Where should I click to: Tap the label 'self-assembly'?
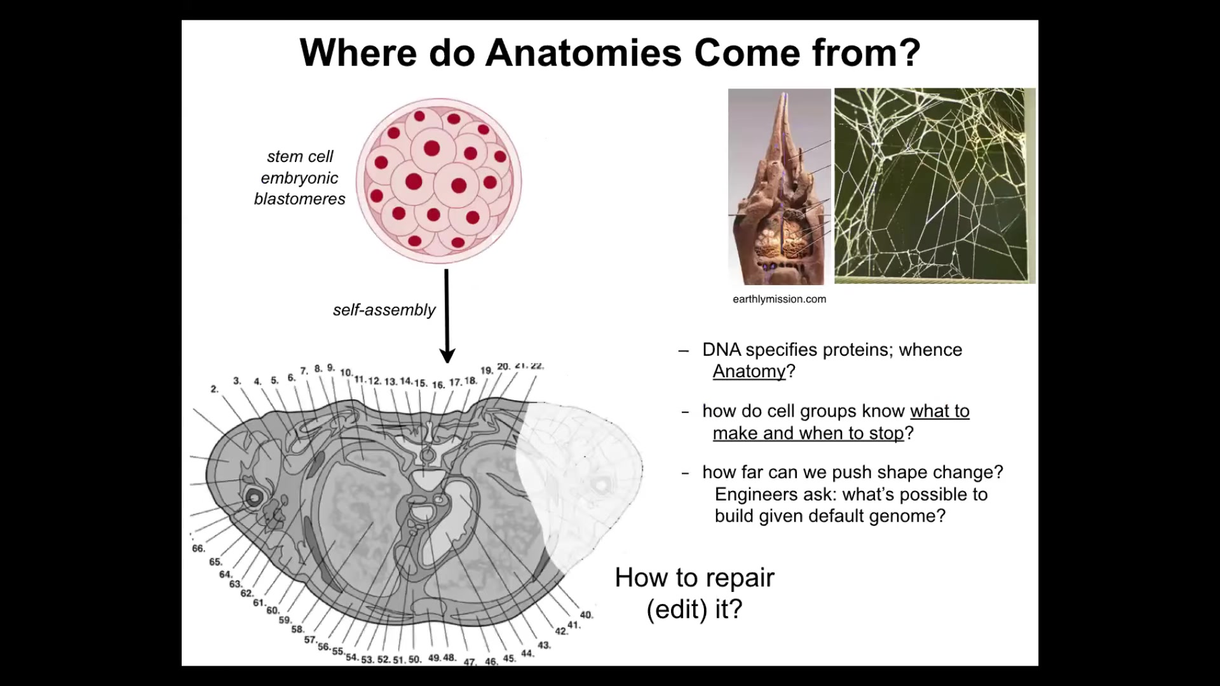coord(384,310)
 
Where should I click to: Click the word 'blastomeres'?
coord(299,199)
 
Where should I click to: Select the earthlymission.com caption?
coord(779,299)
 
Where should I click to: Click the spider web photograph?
coord(934,185)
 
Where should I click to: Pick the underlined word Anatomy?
coord(749,371)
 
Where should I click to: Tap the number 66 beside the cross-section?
coord(198,548)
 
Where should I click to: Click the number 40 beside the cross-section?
coord(586,614)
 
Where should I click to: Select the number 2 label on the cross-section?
coord(214,389)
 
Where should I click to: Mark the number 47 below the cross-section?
coord(470,662)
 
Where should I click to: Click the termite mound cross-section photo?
coord(779,187)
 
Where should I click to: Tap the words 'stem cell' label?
coord(300,156)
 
